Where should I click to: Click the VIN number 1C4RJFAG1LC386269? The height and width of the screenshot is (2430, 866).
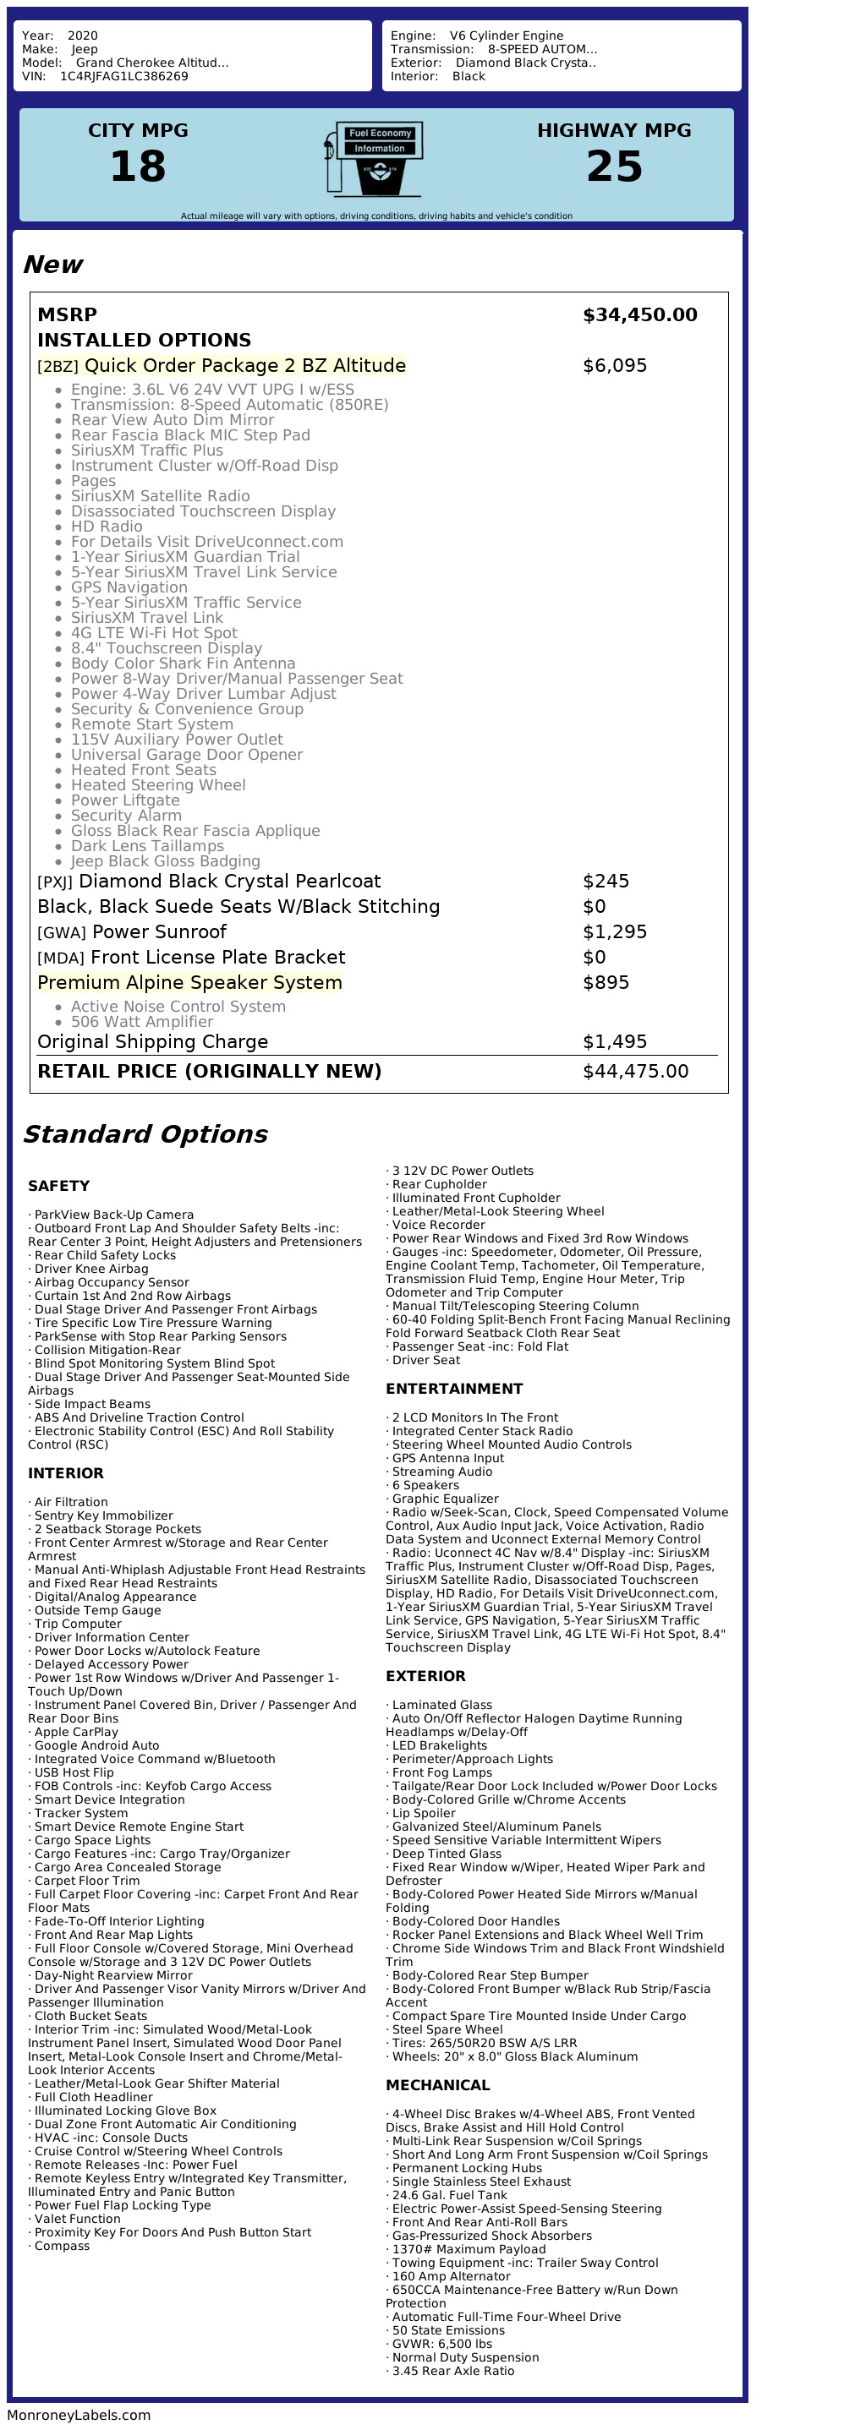point(123,76)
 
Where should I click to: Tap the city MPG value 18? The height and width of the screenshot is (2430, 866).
point(138,167)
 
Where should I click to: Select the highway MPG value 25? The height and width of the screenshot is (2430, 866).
point(614,167)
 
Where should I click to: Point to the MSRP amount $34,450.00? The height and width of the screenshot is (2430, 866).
point(639,315)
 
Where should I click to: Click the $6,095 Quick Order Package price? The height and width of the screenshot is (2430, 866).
point(614,366)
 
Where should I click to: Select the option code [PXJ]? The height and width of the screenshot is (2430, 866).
point(55,882)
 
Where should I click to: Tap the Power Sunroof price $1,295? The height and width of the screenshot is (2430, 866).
point(614,932)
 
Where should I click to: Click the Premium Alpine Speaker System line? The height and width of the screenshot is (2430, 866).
point(189,983)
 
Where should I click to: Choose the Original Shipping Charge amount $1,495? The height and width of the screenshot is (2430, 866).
point(614,1042)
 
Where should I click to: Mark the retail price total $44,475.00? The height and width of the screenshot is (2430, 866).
point(635,1072)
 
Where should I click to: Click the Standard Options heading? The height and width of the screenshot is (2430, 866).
point(145,1134)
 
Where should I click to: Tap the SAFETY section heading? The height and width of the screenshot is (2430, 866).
point(58,1186)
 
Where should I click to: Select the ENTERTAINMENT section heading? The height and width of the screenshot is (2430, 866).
point(454,1389)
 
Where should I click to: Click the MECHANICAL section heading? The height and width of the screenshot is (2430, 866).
point(438,2085)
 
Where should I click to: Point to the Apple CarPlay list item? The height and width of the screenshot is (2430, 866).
point(76,1732)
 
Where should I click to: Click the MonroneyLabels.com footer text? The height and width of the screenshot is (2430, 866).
point(79,2415)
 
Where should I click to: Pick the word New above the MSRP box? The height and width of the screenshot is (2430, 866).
point(52,265)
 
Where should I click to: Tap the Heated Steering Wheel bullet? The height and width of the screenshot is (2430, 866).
point(157,785)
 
